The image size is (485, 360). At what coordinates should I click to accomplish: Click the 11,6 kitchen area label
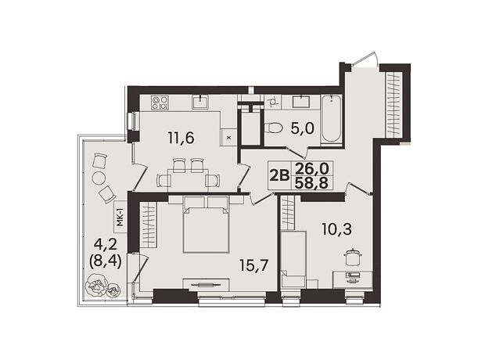coord(181,138)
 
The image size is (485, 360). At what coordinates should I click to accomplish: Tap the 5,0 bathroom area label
coord(303,128)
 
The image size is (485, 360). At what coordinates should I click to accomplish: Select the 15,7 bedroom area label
coord(253,265)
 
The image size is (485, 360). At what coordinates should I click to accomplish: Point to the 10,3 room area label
coord(337,229)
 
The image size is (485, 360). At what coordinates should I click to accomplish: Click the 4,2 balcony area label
coord(105,245)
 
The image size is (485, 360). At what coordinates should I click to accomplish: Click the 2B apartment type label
coord(279,175)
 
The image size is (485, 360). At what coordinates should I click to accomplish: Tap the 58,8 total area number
coord(311,183)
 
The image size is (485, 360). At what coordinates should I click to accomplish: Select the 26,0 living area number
coord(311,169)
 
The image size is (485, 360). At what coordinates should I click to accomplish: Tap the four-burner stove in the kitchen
coord(160,103)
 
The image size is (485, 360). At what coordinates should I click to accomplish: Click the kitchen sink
coord(200,102)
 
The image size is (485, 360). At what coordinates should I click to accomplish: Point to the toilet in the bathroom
coord(274,128)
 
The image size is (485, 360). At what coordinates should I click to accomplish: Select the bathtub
coord(331,120)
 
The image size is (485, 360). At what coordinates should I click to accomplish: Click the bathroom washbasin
coord(300,102)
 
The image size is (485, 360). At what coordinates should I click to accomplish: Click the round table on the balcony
coord(99,178)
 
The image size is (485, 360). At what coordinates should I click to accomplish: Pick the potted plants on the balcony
coord(103,286)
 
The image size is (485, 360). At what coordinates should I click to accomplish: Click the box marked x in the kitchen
coord(229,138)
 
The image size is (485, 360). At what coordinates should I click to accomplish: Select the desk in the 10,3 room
coord(352,280)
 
